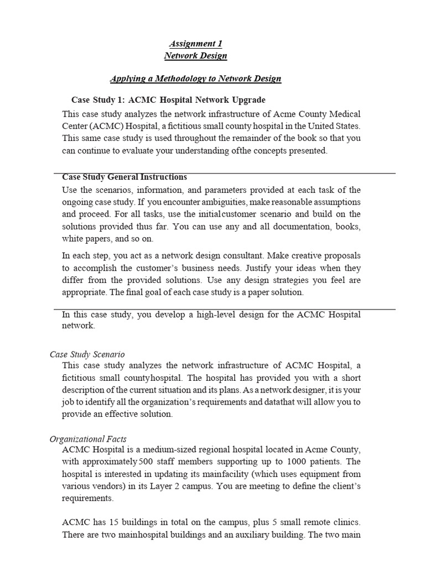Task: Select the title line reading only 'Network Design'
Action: [195, 56]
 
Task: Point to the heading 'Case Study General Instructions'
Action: [125, 177]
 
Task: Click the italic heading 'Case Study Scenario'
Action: [87, 354]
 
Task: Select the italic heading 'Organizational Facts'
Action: [88, 439]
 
